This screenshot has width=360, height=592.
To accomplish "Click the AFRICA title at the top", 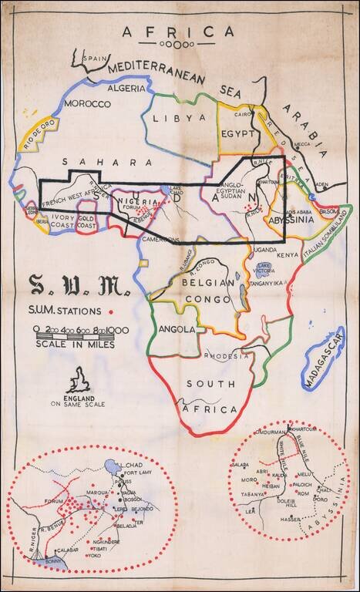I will point(178,32).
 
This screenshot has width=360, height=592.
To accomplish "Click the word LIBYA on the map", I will point(180,118).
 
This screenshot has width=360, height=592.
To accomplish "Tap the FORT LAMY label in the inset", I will point(138,473).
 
